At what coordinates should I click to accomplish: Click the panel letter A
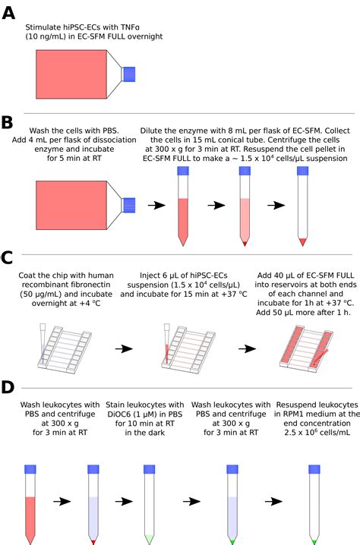tap(10, 14)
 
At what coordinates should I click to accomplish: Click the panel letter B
tap(10, 122)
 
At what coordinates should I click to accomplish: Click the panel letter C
tap(10, 277)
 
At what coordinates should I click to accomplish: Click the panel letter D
tap(10, 387)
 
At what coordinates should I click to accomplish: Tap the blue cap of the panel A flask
tap(129, 73)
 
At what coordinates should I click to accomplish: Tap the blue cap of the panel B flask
tap(129, 205)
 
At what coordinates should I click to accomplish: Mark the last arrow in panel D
tap(273, 502)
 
